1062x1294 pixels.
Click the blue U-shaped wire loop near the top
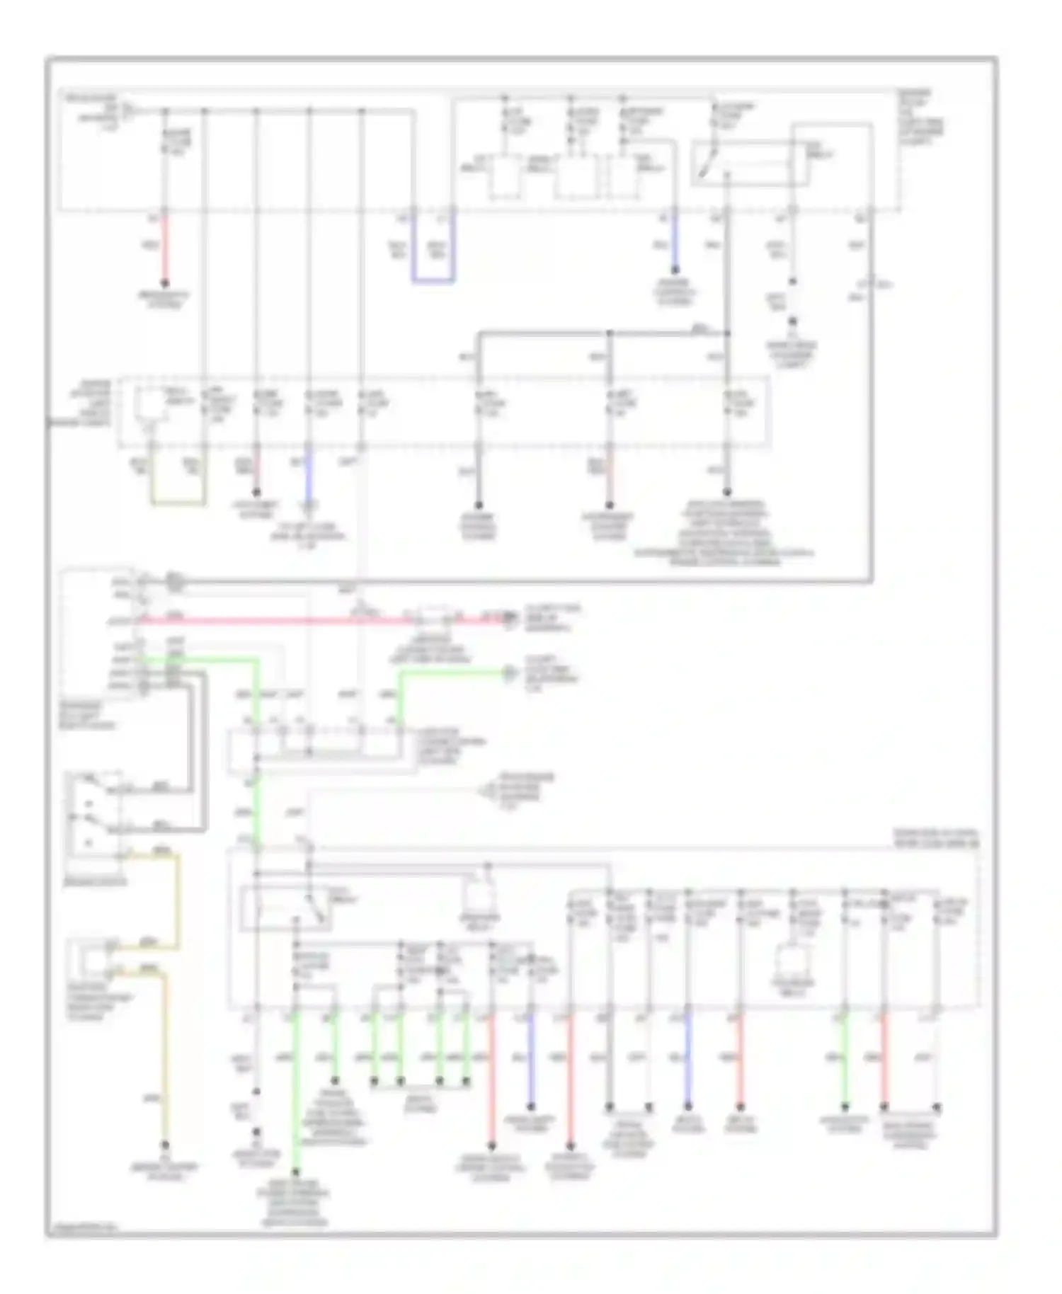(433, 282)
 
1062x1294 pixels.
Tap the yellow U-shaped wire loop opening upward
(178, 504)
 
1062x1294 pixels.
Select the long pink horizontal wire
(283, 621)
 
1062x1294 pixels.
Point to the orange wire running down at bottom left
(166, 1062)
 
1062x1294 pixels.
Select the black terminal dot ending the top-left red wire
(165, 285)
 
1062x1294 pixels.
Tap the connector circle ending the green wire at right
(508, 672)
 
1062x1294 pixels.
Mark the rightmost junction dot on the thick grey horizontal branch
(728, 333)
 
